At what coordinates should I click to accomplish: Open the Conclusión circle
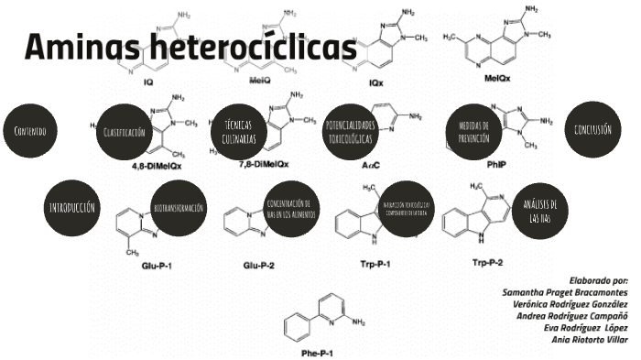click(593, 130)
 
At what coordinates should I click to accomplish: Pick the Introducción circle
click(71, 207)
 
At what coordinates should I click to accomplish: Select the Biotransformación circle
click(179, 207)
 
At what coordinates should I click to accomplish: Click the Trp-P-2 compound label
click(488, 263)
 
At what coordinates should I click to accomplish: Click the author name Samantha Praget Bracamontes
click(565, 291)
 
